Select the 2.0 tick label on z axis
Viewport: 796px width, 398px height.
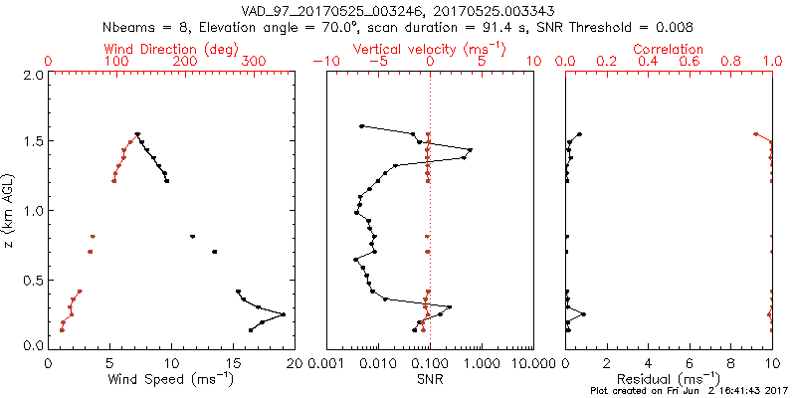(x=32, y=75)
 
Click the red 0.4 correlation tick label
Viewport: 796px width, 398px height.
(x=649, y=62)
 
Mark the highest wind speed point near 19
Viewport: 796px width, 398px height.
(x=284, y=314)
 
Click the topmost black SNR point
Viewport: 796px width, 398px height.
(x=361, y=126)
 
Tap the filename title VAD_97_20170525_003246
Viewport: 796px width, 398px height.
(x=329, y=11)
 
